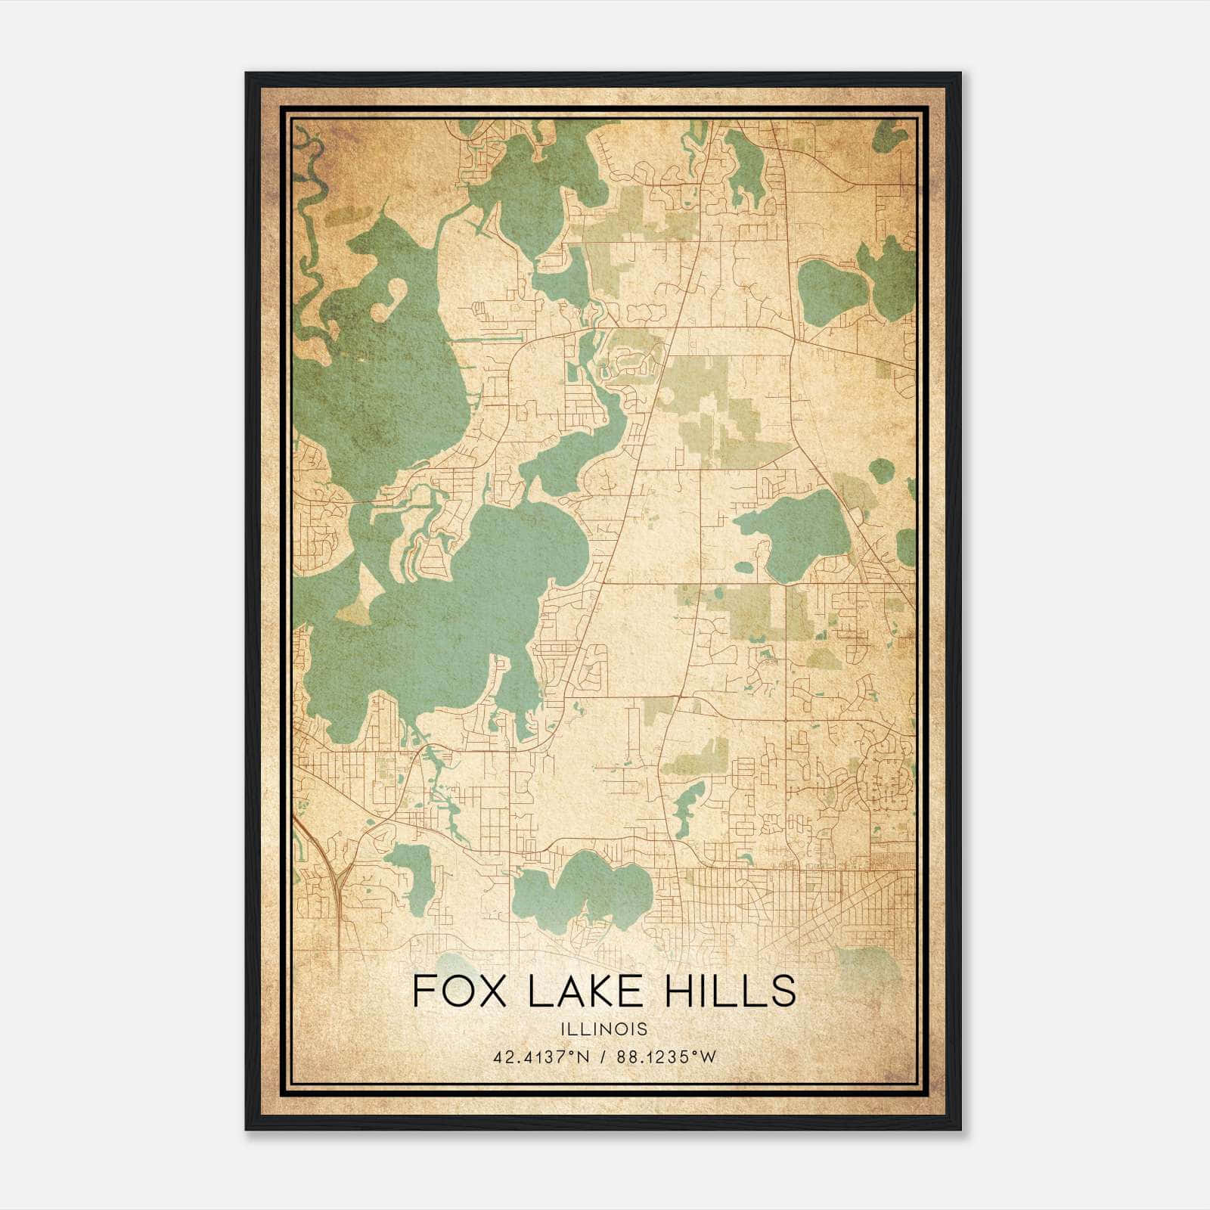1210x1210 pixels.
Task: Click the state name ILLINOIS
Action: (x=603, y=1029)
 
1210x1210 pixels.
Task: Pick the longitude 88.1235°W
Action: (x=665, y=1057)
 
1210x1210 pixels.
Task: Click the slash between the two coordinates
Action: (x=603, y=1057)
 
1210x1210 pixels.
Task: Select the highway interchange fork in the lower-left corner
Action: (x=339, y=877)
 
